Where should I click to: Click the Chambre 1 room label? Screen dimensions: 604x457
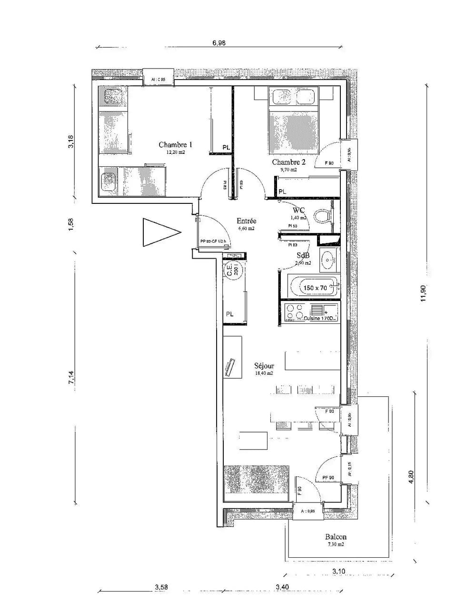pyautogui.click(x=176, y=145)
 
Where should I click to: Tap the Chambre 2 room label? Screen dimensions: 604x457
pyautogui.click(x=288, y=162)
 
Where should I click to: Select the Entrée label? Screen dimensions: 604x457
pyautogui.click(x=247, y=221)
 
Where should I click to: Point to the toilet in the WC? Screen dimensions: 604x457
pyautogui.click(x=324, y=216)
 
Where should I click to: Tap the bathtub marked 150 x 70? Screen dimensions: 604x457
pyautogui.click(x=314, y=287)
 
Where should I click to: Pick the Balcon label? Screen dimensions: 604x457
pyautogui.click(x=336, y=537)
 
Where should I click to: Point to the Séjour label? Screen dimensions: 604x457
pyautogui.click(x=264, y=366)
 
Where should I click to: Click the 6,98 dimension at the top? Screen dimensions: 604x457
pyautogui.click(x=219, y=42)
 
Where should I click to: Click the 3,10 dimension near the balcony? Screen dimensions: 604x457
pyautogui.click(x=338, y=572)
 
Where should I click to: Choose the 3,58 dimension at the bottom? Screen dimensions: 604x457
pyautogui.click(x=161, y=587)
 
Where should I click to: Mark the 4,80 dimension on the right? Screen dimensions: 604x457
pyautogui.click(x=412, y=476)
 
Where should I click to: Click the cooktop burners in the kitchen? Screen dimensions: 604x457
pyautogui.click(x=294, y=312)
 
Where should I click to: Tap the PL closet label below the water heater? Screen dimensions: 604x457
pyautogui.click(x=230, y=314)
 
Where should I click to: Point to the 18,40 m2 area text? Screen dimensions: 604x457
pyautogui.click(x=264, y=373)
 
